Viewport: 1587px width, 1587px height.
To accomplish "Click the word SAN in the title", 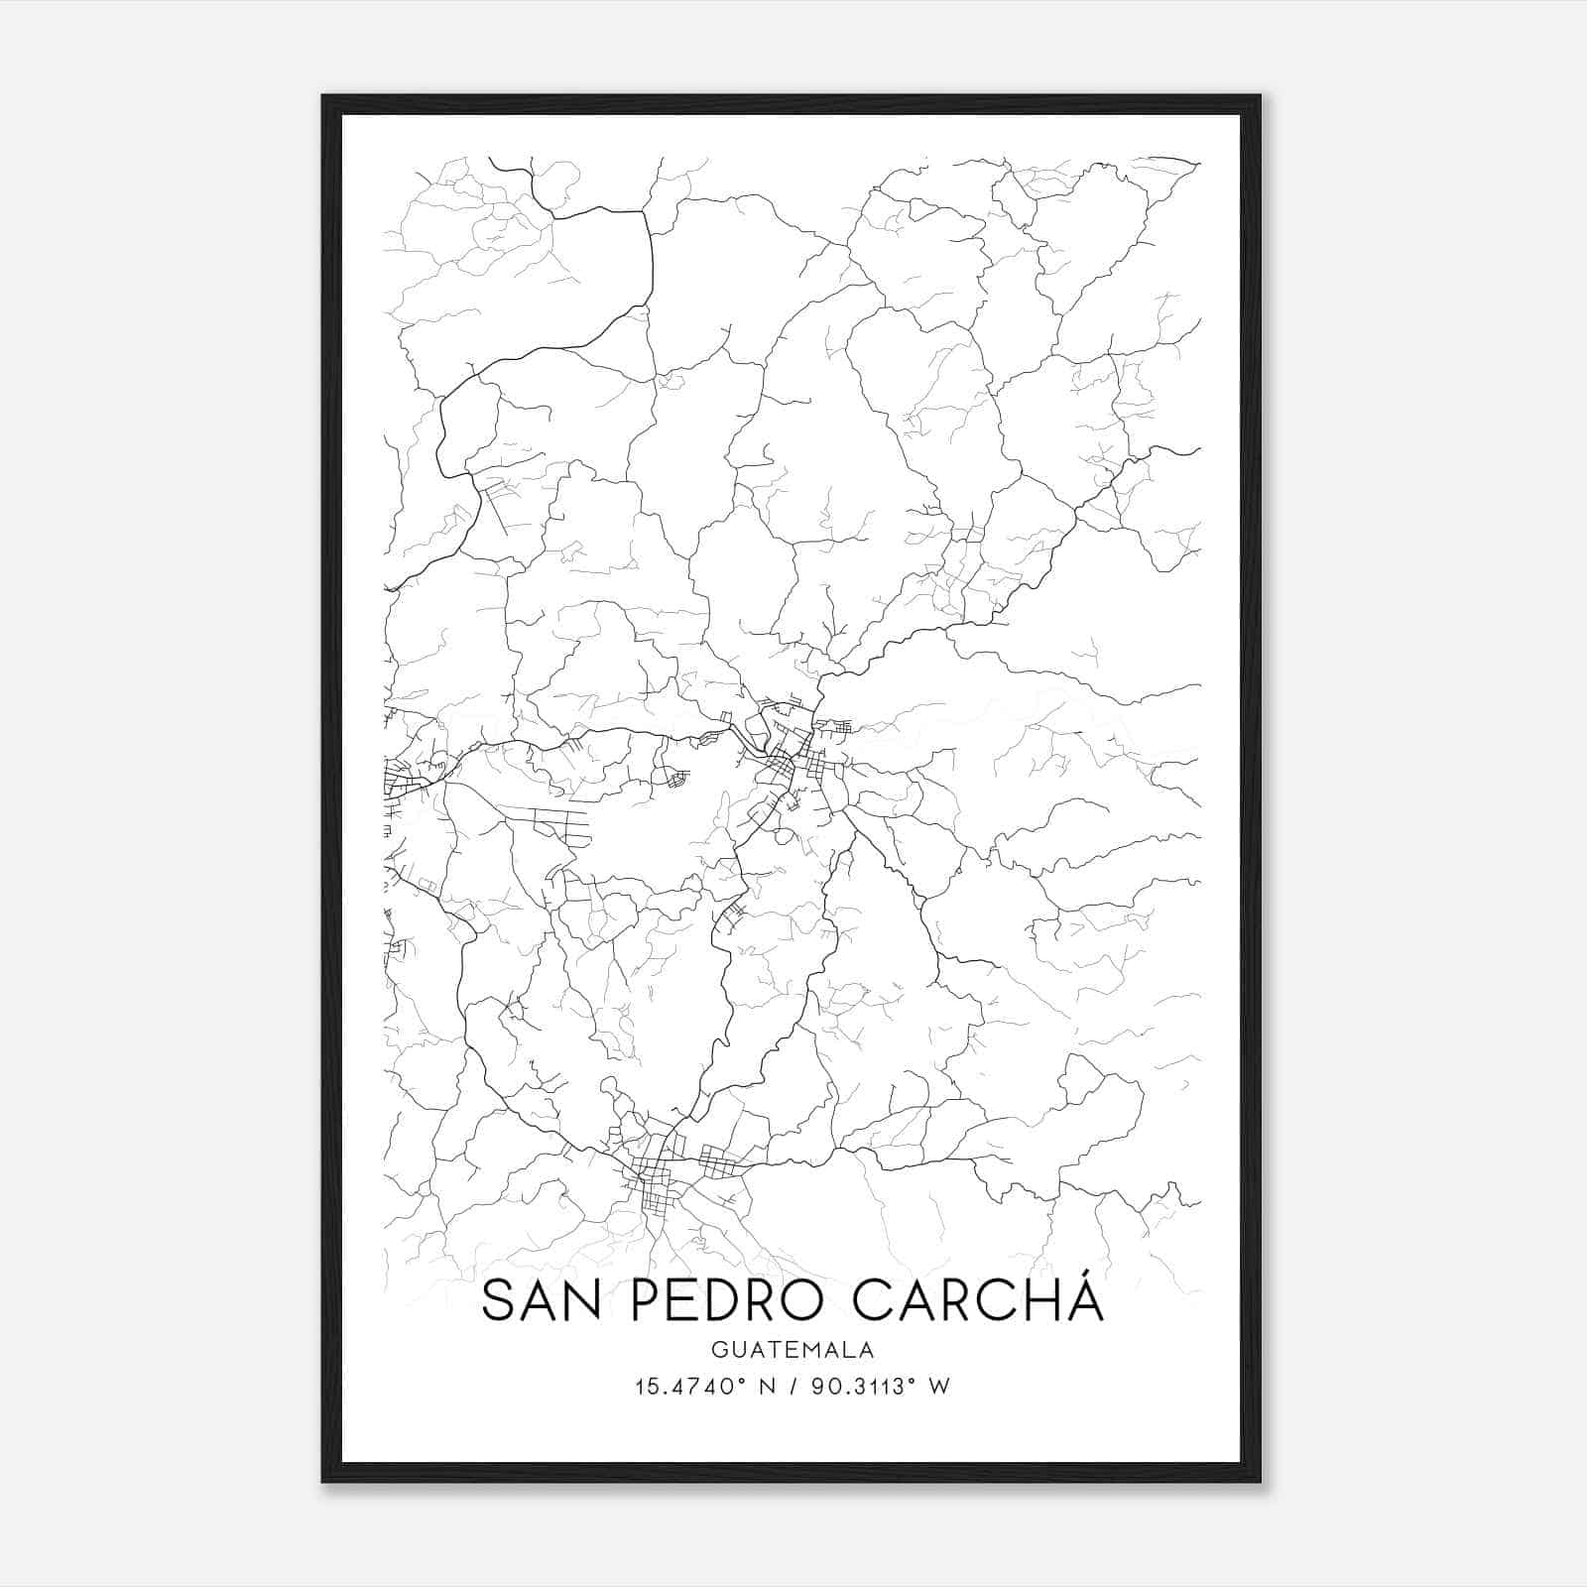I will (541, 1301).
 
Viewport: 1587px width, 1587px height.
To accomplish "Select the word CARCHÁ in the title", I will (978, 1301).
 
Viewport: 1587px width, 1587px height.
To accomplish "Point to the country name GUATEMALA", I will (792, 1350).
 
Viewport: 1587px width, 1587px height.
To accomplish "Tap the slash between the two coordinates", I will (792, 1387).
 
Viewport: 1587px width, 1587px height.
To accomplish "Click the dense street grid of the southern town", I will (650, 1180).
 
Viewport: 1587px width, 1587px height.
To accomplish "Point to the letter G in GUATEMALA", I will (716, 1350).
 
